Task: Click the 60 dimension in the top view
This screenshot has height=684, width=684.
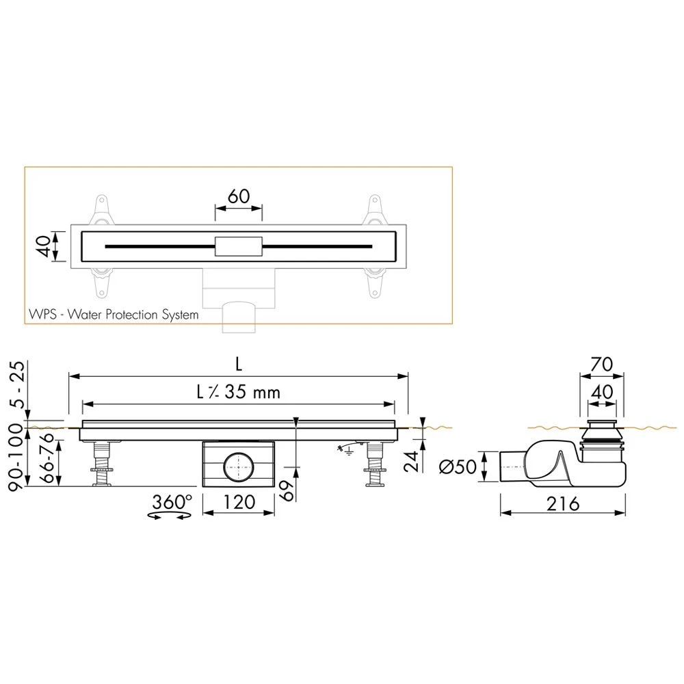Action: coord(239,196)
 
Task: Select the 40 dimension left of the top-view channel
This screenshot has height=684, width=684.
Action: coord(44,246)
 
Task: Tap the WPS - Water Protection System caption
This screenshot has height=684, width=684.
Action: coord(114,315)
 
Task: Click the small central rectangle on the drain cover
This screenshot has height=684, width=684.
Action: coord(239,246)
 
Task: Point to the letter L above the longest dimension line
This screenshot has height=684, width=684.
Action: coord(239,364)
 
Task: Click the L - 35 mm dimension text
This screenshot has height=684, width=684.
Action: coord(238,392)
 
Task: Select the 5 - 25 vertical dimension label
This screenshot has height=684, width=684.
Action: coord(18,384)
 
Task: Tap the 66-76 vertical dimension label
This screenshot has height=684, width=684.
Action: coord(47,458)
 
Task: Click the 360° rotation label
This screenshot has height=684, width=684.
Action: coord(172,501)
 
